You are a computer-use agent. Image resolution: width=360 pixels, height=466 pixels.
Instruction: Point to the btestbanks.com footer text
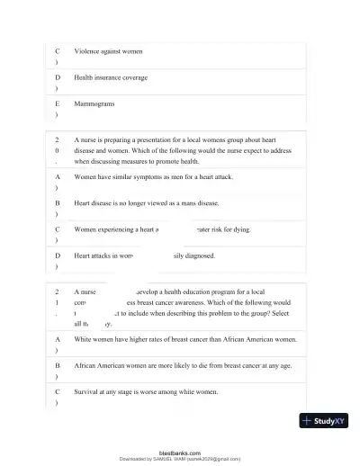pos(179,453)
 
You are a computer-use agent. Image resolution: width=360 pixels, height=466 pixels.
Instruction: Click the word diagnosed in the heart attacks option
pos(200,255)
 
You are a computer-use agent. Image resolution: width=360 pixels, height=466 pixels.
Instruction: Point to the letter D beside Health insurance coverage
pos(58,78)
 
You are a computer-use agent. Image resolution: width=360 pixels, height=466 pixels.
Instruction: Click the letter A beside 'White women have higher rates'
pos(58,340)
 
